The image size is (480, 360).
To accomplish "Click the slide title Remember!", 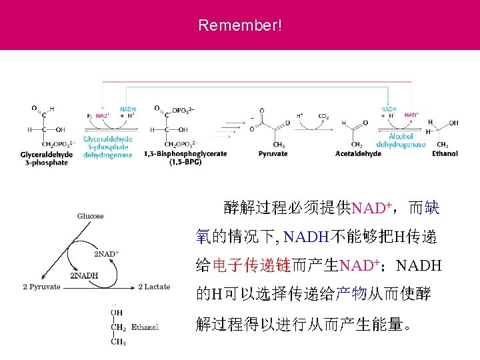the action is pyautogui.click(x=240, y=26).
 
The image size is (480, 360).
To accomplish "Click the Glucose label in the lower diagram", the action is pyautogui.click(x=91, y=216).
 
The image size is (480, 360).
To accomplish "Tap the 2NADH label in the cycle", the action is pyautogui.click(x=85, y=275).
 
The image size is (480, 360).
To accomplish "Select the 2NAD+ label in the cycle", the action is pyautogui.click(x=106, y=254).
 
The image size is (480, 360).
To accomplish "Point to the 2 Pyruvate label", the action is pyautogui.click(x=41, y=287).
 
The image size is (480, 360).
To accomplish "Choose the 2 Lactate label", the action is pyautogui.click(x=154, y=287).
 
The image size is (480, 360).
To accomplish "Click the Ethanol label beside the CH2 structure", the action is pyautogui.click(x=145, y=327).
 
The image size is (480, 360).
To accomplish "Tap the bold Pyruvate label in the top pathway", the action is pyautogui.click(x=273, y=153).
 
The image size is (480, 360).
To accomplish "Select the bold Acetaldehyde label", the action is pyautogui.click(x=359, y=153).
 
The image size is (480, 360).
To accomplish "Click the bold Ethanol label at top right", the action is pyautogui.click(x=445, y=153).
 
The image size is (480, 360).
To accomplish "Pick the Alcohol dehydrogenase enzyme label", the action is pyautogui.click(x=401, y=140).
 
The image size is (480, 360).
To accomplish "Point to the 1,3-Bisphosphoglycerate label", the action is pyautogui.click(x=185, y=157).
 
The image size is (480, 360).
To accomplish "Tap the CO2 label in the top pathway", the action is pyautogui.click(x=324, y=116).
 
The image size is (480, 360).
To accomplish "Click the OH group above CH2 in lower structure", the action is pyautogui.click(x=117, y=312).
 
